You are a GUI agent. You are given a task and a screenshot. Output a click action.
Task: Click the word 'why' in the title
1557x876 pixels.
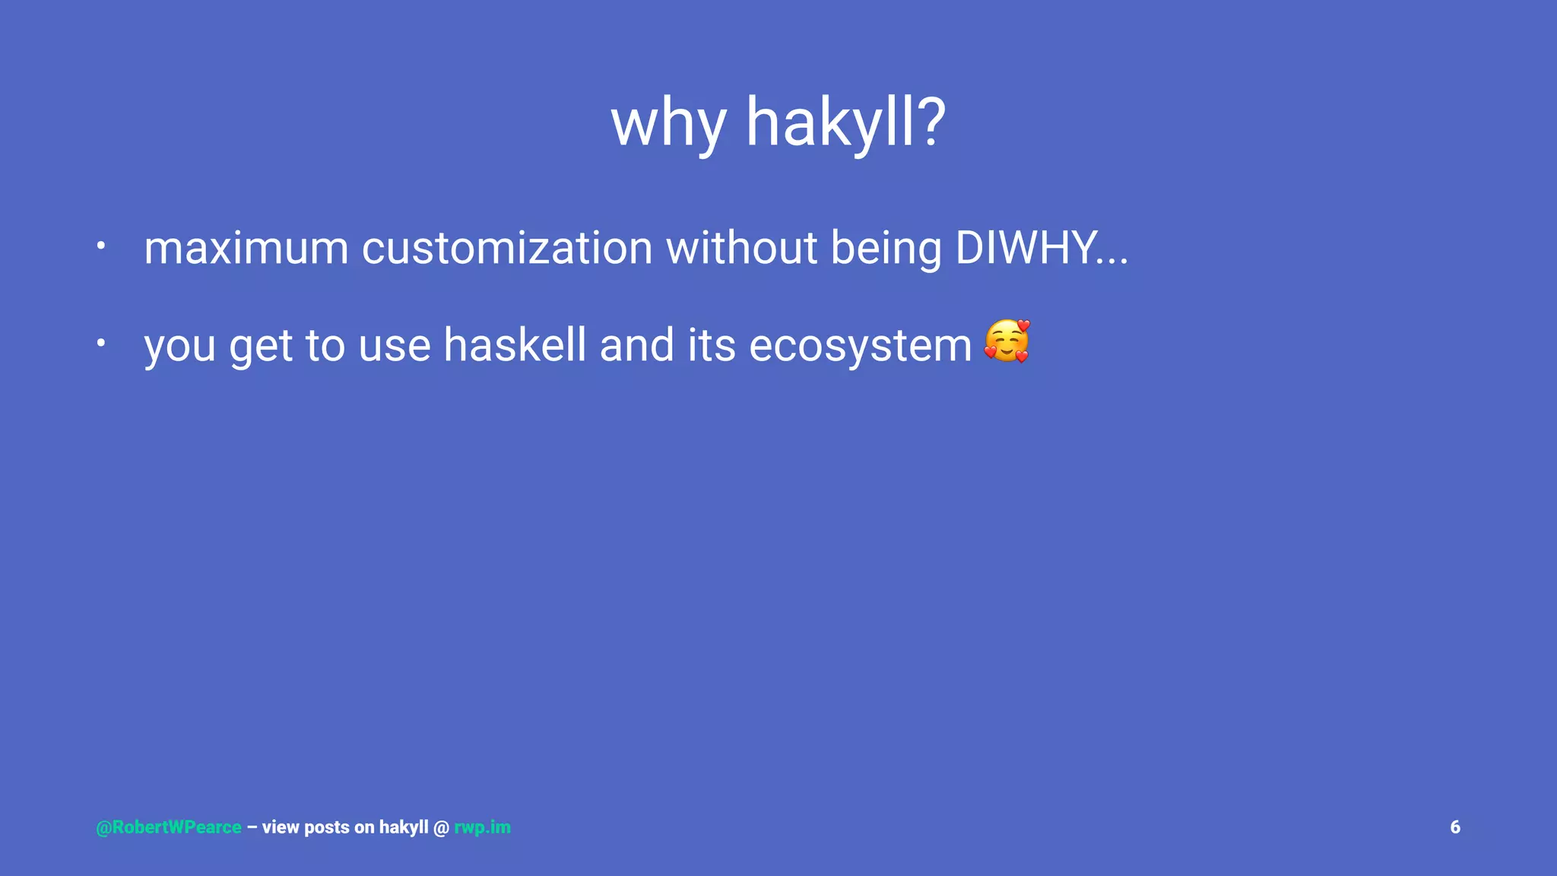pos(668,124)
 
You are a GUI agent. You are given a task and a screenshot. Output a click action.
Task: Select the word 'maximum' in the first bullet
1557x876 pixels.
pos(246,249)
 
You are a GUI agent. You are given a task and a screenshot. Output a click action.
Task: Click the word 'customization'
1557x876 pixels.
pos(507,249)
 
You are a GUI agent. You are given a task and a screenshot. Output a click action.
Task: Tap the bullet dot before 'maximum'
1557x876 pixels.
pos(100,246)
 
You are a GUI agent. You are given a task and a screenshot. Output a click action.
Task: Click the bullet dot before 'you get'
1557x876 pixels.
pos(100,343)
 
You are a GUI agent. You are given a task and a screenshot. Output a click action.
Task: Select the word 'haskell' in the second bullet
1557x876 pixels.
pos(515,345)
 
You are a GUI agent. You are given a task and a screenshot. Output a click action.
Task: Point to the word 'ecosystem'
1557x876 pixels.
pos(860,347)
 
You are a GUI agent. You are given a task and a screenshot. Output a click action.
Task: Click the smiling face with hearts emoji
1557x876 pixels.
pos(1007,341)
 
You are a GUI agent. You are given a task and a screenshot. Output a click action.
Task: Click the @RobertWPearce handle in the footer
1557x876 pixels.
pos(169,827)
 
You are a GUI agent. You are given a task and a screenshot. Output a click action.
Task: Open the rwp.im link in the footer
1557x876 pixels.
pos(482,827)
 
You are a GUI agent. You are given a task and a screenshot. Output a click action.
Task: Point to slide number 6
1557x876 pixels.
pos(1455,827)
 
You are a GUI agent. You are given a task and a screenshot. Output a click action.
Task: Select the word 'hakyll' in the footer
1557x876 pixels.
pos(404,827)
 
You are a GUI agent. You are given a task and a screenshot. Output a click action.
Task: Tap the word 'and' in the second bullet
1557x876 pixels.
pos(636,345)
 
